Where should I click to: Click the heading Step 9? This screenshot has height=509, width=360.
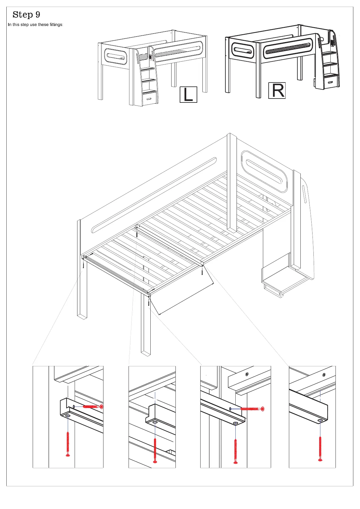click(x=26, y=15)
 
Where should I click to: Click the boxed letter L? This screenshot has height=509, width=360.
click(x=188, y=94)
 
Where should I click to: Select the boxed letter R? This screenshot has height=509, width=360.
click(x=277, y=90)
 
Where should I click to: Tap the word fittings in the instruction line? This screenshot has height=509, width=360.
click(x=56, y=24)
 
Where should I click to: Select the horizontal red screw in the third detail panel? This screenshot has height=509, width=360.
click(x=252, y=409)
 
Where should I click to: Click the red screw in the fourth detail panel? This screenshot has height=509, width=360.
click(x=320, y=449)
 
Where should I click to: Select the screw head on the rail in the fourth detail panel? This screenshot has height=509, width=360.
click(x=324, y=375)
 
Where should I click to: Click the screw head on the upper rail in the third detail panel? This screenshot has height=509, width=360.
click(x=247, y=374)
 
